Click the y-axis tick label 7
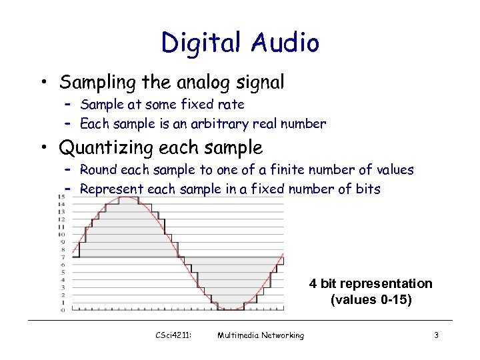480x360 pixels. click(x=63, y=257)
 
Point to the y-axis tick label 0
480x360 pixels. click(x=63, y=309)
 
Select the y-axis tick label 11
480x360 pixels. click(x=61, y=227)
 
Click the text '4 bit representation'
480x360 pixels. click(x=371, y=284)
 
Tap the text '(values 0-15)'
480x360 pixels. click(x=371, y=300)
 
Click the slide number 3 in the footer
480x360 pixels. click(x=435, y=335)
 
